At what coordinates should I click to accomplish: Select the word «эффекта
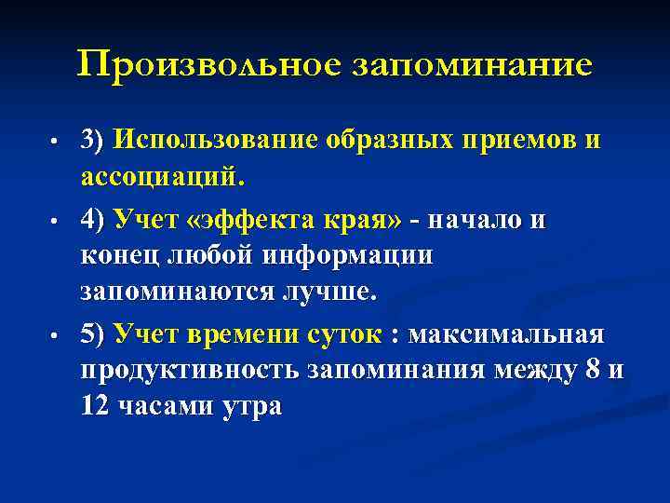[245, 220]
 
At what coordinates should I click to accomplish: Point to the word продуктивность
[191, 369]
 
